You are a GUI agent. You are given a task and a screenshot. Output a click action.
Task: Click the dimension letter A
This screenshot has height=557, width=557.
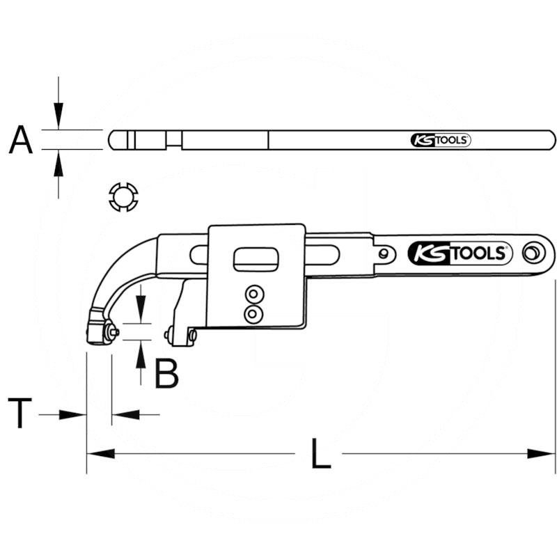pyautogui.click(x=21, y=139)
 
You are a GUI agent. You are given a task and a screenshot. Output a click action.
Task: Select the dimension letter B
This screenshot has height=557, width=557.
pyautogui.click(x=166, y=374)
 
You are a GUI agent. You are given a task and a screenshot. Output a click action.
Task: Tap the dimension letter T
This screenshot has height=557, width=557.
pyautogui.click(x=20, y=414)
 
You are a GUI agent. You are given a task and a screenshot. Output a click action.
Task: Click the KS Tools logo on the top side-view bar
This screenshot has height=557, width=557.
pyautogui.click(x=440, y=140)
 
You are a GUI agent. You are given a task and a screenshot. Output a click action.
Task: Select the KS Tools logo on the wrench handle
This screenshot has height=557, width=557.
pyautogui.click(x=460, y=253)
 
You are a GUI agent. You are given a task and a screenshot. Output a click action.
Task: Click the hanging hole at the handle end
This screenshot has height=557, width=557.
pyautogui.click(x=535, y=252)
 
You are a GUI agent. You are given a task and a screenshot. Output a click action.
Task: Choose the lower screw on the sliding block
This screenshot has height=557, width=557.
pyautogui.click(x=252, y=315)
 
